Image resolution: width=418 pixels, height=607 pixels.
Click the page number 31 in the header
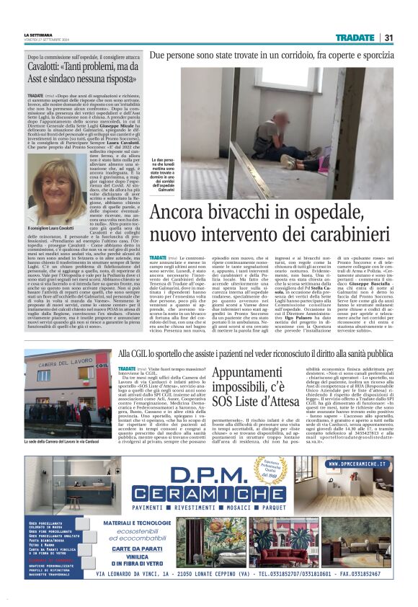[x=388, y=37]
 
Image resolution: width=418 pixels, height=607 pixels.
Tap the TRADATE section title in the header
[x=355, y=37]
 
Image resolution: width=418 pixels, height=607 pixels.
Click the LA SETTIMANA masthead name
[x=38, y=34]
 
